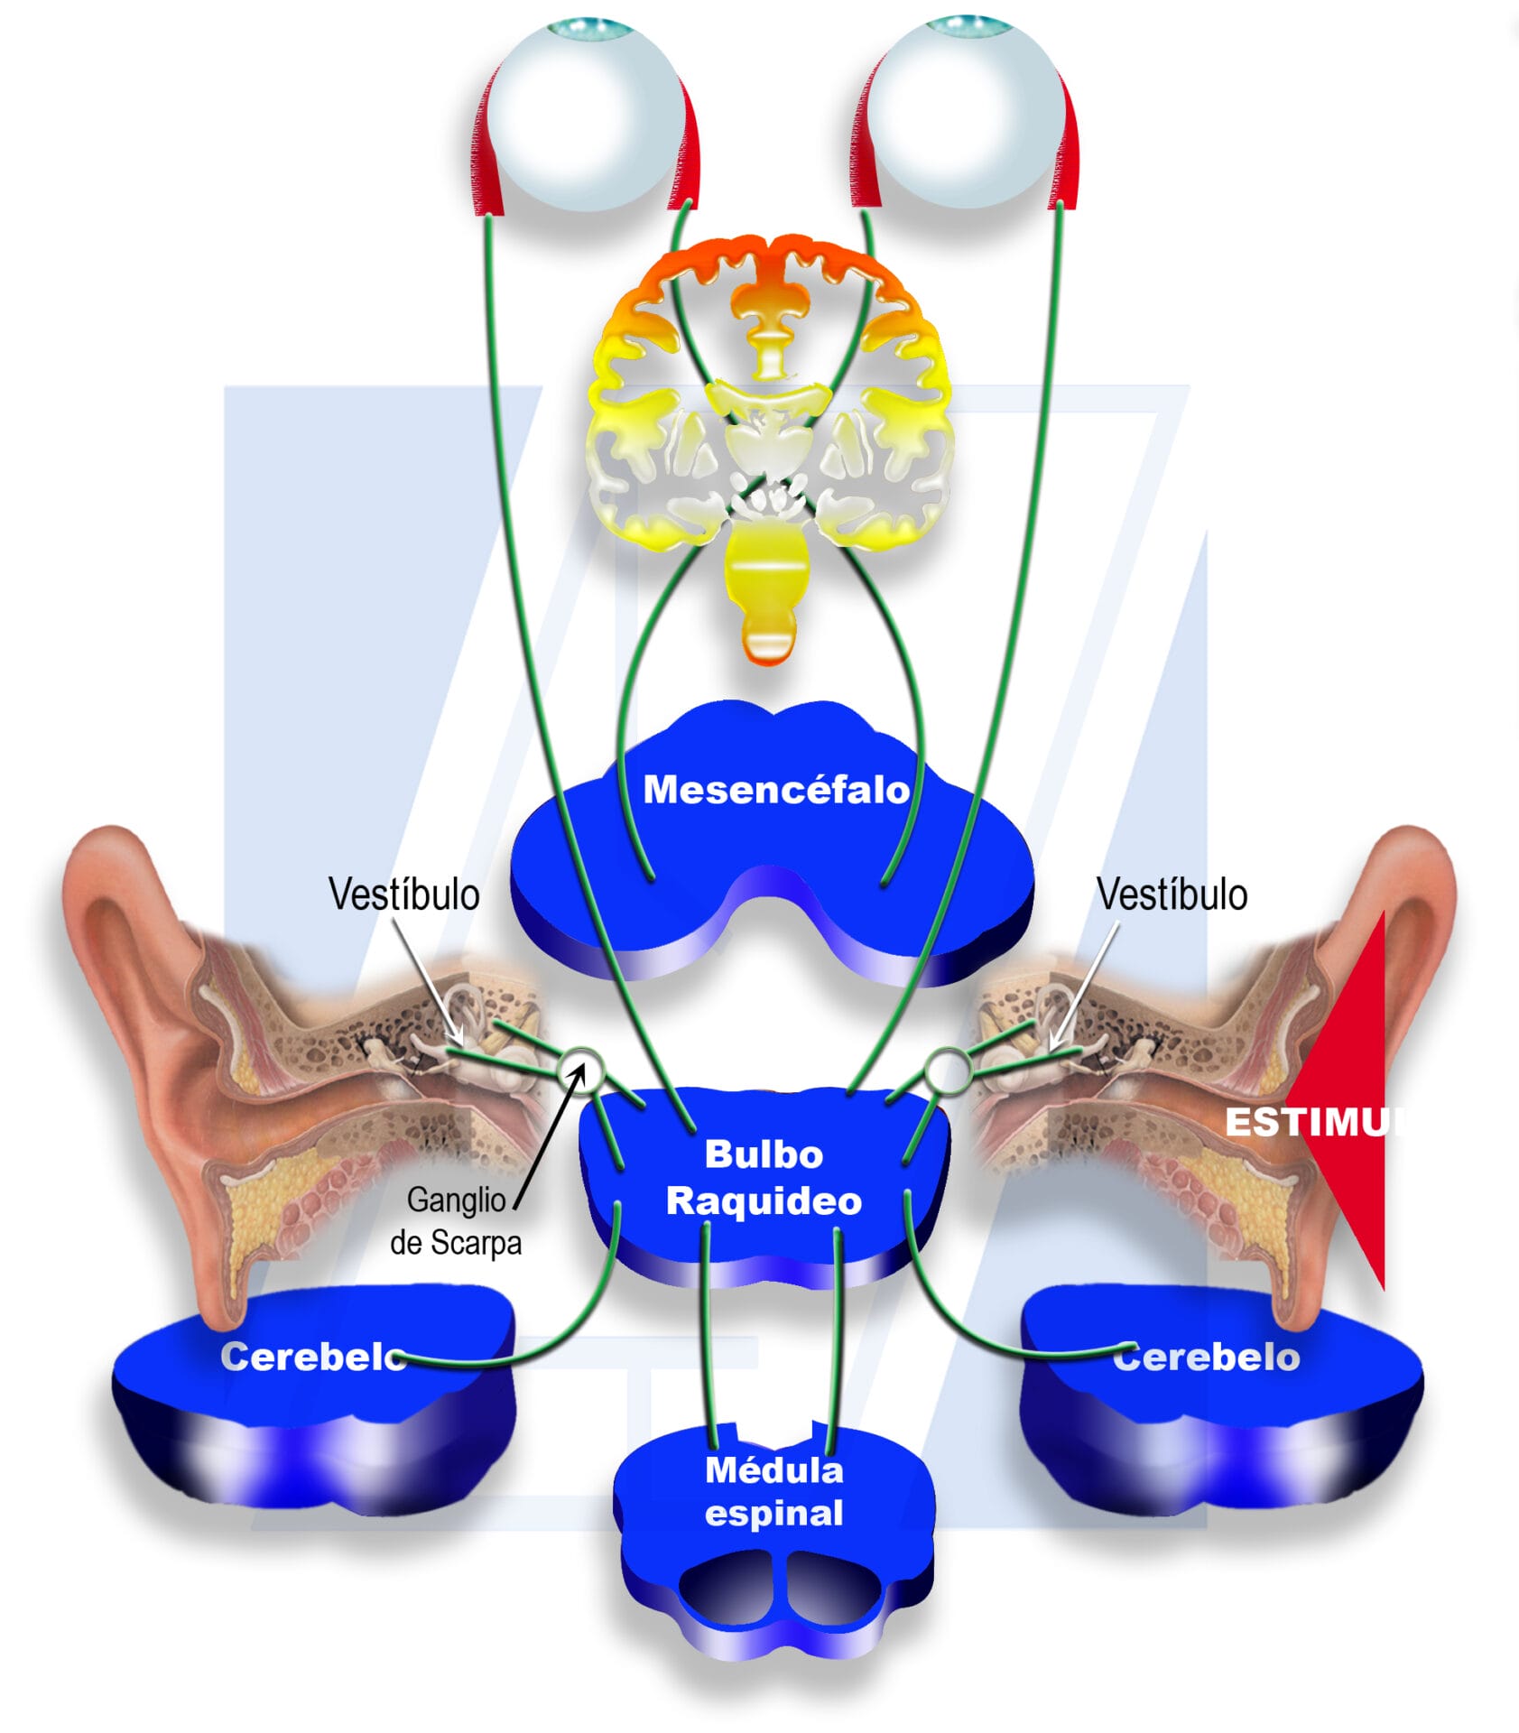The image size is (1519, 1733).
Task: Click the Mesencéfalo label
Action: [x=775, y=790]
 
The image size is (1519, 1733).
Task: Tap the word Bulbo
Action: [x=764, y=1154]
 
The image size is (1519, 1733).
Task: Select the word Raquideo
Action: [x=764, y=1200]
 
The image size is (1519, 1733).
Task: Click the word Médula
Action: [x=773, y=1470]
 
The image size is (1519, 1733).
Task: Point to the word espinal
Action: [x=773, y=1514]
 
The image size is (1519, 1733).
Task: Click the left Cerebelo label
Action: [x=312, y=1357]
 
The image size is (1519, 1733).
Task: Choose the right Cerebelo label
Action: [x=1206, y=1357]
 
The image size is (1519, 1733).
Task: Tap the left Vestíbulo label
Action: [x=403, y=894]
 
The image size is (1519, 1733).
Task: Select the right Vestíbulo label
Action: [x=1172, y=894]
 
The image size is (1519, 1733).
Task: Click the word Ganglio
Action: [x=456, y=1200]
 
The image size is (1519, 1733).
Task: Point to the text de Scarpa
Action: [x=456, y=1243]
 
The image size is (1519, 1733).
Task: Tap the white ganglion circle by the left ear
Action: [x=579, y=1070]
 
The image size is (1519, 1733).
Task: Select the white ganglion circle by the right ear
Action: [x=947, y=1070]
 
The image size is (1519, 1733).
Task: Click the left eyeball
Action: [x=588, y=113]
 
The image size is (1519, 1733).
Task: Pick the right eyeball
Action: [x=965, y=113]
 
